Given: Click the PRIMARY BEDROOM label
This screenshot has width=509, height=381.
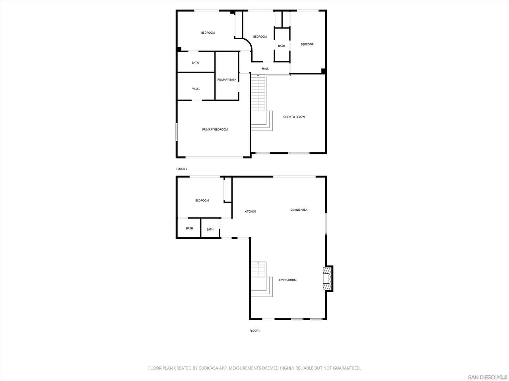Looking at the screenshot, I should (215, 129).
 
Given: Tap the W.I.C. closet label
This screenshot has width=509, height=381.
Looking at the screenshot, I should (196, 89).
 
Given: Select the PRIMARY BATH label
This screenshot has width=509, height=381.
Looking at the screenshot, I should (227, 80).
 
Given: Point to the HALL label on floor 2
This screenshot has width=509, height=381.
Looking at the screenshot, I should (265, 69).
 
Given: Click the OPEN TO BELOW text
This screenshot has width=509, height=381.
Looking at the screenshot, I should (294, 117).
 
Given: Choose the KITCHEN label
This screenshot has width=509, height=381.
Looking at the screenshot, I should (250, 212).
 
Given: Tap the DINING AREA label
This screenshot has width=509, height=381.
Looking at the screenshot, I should (299, 210).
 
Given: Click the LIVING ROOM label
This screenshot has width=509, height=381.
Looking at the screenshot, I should (288, 280).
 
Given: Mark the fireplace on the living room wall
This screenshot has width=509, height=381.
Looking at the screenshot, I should (328, 278).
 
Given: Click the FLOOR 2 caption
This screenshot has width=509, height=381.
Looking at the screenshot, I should (182, 169).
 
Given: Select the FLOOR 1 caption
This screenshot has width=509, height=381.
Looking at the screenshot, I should (254, 331).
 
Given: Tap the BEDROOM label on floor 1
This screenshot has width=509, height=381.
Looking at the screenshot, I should (202, 200).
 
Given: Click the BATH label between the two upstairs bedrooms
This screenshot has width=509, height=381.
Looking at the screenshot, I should (282, 46).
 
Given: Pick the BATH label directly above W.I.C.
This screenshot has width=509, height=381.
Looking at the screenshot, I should (195, 63).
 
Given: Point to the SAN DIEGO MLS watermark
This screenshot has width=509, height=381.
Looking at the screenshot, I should (488, 377).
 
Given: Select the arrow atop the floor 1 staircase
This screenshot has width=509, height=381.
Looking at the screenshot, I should (259, 263).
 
